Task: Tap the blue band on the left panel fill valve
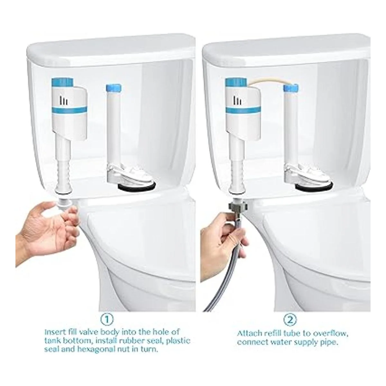click(x=69, y=110)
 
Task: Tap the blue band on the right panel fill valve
click(x=244, y=110)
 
